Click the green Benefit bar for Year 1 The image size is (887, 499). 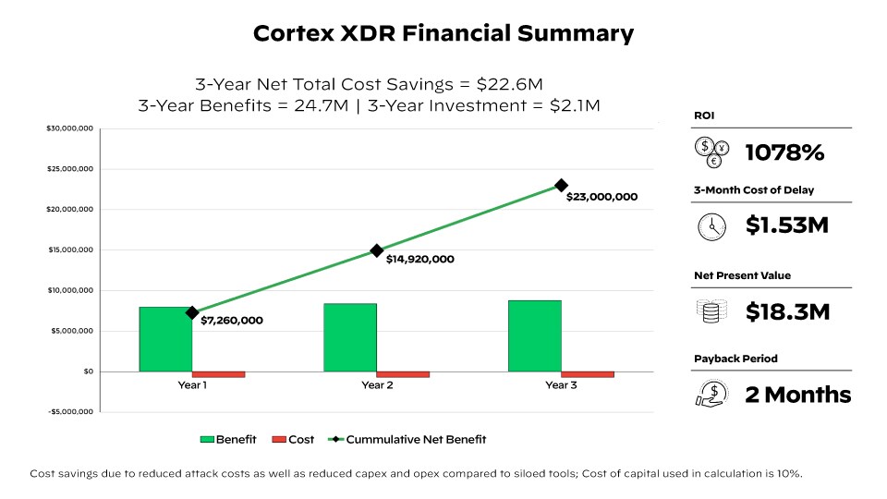(165, 339)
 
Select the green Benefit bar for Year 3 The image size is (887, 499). (534, 335)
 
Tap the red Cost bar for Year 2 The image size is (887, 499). (403, 374)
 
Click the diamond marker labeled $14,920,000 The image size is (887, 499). (377, 250)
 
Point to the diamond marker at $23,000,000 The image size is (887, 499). (561, 186)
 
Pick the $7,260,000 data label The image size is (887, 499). (232, 321)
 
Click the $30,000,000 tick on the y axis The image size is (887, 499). (70, 128)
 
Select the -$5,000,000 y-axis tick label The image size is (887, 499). (70, 412)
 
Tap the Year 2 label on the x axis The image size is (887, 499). (377, 385)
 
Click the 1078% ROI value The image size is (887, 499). (784, 152)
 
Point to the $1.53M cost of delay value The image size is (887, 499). (787, 225)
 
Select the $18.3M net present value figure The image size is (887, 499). (787, 312)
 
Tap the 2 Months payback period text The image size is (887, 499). (797, 396)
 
